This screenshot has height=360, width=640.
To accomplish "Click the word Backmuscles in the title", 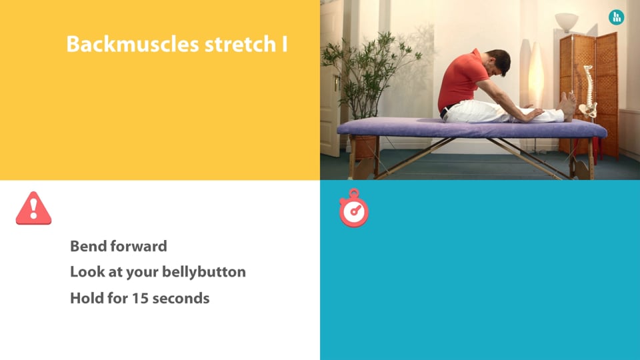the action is (133, 44).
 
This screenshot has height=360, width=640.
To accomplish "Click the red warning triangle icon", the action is (33, 208).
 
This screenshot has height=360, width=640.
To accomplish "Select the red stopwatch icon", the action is (354, 208).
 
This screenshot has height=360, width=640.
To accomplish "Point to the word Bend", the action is (88, 246).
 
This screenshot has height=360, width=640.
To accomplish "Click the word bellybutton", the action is (204, 272).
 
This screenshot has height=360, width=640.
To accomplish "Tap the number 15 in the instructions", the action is (139, 299).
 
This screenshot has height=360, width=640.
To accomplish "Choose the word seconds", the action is (181, 299).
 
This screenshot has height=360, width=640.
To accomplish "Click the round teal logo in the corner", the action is (616, 17).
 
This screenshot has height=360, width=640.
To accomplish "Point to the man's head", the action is (497, 62).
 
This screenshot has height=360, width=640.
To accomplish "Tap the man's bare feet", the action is (568, 106).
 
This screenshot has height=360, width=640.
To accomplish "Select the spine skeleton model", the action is (588, 92).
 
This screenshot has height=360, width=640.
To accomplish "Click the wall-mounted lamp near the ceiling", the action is (567, 21).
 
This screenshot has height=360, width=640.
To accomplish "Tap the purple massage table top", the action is (471, 128).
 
